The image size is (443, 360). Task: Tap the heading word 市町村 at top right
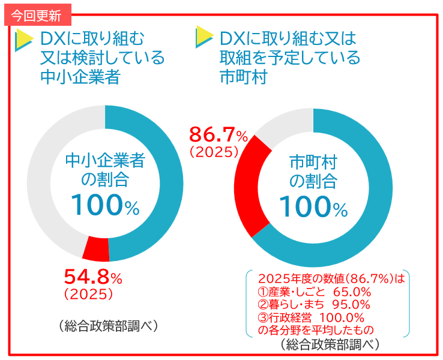[243, 77]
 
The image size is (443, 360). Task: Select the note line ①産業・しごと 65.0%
[314, 292]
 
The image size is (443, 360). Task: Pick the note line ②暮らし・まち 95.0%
[314, 305]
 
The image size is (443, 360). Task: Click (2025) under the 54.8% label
[88, 294]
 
